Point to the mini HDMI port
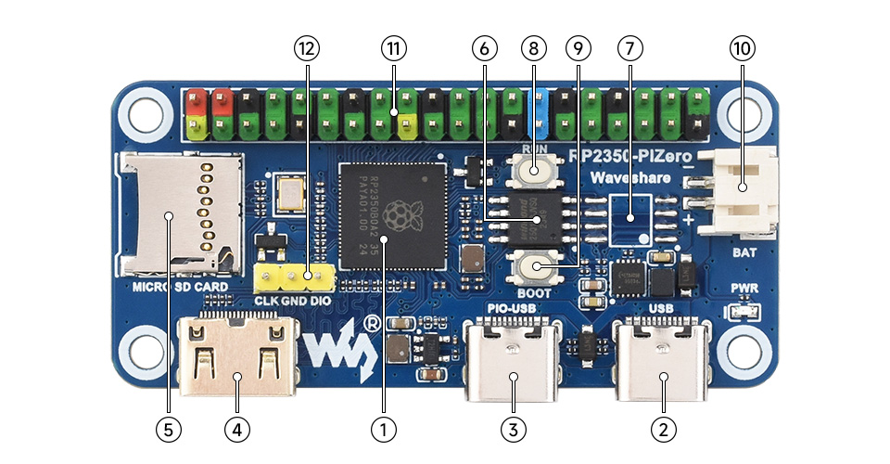pos(237,356)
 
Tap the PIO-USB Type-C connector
pos(514,358)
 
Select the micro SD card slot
pos(176,215)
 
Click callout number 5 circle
pos(169,429)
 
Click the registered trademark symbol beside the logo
pos(371,324)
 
